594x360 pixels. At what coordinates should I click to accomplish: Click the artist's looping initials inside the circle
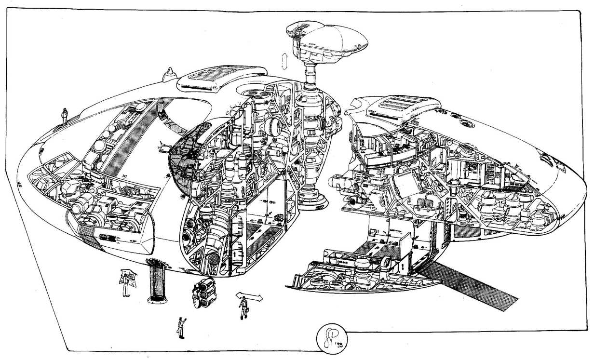[329, 333]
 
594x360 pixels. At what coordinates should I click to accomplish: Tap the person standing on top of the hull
[64, 116]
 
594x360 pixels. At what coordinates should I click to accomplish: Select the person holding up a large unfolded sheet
[127, 281]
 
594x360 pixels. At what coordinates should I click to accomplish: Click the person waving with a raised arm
[181, 328]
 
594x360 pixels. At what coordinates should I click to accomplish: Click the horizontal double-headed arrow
[249, 296]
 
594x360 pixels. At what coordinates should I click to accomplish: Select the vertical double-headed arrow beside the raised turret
[285, 62]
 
